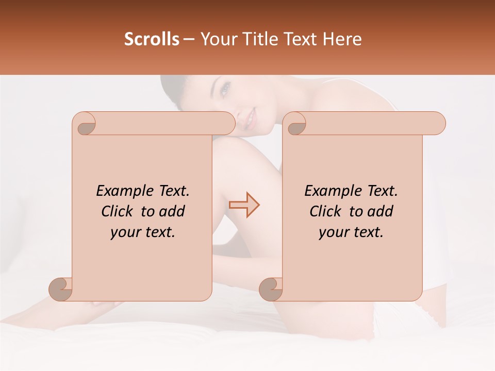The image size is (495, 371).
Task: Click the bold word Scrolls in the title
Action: coord(152,39)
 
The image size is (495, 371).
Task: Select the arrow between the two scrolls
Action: coord(244,205)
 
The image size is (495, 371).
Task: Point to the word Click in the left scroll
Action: coord(118,211)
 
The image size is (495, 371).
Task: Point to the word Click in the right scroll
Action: coord(325,211)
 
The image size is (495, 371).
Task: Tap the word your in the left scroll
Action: coord(124,232)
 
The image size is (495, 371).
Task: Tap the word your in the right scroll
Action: coord(333,232)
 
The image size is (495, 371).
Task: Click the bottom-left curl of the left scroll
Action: coord(61,289)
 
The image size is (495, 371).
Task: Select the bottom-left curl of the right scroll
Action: coord(271,289)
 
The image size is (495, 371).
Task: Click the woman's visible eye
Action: coord(225,91)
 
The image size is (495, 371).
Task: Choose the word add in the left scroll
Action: coord(172,211)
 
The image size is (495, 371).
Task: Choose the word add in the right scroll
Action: coord(380,211)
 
